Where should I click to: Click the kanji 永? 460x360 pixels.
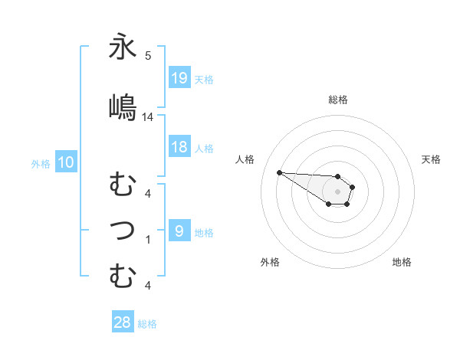click(123, 48)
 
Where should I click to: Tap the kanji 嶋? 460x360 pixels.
click(123, 106)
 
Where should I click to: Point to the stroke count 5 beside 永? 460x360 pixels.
click(148, 56)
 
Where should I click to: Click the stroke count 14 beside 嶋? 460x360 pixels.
click(148, 117)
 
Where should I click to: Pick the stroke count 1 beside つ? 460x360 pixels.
click(148, 240)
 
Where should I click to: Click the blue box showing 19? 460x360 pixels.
click(179, 78)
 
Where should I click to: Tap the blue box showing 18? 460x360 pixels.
click(179, 147)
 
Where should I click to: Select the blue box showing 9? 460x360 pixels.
click(179, 231)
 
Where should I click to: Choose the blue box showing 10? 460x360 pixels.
click(66, 162)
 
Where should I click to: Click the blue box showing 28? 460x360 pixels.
click(123, 322)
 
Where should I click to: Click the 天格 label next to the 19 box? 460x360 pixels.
click(204, 79)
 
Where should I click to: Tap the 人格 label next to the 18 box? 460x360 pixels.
click(204, 148)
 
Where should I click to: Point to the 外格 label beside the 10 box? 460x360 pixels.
click(41, 163)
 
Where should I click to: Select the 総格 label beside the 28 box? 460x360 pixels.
click(147, 323)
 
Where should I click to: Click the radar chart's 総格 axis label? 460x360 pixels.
click(337, 100)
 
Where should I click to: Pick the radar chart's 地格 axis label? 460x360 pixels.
click(402, 262)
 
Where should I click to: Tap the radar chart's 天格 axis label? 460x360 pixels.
click(431, 159)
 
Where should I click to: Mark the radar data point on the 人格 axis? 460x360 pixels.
click(279, 172)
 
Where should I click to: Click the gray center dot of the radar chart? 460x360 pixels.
click(337, 191)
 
